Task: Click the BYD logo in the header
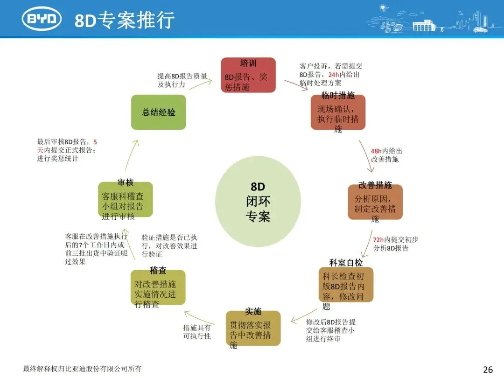pos(42,19)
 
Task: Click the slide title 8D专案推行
pos(125,20)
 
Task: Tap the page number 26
pos(488,370)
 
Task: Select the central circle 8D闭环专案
pos(258,202)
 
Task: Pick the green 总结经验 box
pos(158,112)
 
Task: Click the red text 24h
pos(334,75)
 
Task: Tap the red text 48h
pos(376,151)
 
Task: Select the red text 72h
pos(378,239)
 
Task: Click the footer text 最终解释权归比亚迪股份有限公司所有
pos(82,369)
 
